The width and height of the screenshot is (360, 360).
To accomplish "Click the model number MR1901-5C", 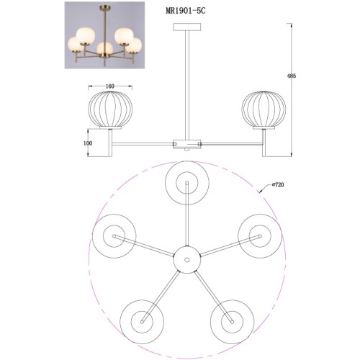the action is tap(186, 12).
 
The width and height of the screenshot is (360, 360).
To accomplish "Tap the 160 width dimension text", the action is tap(110, 86).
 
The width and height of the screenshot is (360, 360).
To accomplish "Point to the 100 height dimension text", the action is tap(88, 143).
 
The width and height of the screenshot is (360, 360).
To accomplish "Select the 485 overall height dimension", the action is tap(292, 76).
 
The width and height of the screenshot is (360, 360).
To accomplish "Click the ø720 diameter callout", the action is tap(278, 184).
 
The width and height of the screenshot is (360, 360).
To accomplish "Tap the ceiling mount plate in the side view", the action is tap(187, 27).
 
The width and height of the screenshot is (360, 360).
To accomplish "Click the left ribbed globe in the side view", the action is tap(110, 109).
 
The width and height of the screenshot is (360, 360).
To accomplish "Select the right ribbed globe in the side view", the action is tap(264, 109).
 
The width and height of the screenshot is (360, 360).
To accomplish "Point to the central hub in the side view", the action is tap(187, 143).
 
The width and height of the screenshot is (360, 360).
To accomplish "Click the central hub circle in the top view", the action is tap(187, 260).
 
